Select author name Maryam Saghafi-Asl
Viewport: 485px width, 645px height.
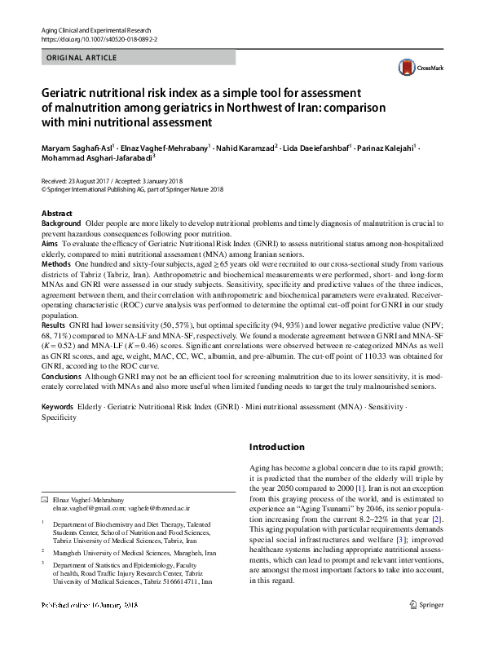click(x=76, y=148)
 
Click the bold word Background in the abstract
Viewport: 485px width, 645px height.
click(x=61, y=223)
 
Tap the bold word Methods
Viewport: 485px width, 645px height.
click(x=56, y=265)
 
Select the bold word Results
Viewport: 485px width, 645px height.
click(x=54, y=325)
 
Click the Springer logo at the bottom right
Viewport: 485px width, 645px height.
click(x=426, y=627)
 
